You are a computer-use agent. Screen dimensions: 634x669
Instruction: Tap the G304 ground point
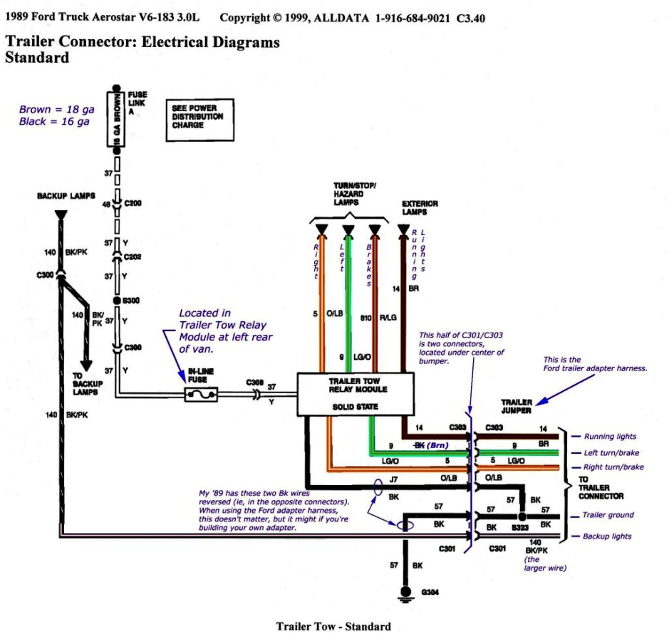406,592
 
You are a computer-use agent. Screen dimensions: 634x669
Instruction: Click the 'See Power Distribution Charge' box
197,116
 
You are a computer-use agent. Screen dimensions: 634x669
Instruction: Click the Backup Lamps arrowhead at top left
60,214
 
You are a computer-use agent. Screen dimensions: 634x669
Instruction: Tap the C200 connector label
133,203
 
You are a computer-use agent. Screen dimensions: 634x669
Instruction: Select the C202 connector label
133,257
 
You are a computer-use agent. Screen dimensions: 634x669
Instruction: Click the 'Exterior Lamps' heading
420,207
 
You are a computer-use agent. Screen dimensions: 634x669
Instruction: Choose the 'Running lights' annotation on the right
610,437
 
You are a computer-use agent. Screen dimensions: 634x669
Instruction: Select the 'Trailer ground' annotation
608,515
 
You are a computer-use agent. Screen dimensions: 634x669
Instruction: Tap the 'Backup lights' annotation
607,536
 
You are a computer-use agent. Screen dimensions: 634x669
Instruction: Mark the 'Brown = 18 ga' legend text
55,110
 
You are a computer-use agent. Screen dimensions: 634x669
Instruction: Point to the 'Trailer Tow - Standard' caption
333,626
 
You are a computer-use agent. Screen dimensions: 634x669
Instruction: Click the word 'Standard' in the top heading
37,58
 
